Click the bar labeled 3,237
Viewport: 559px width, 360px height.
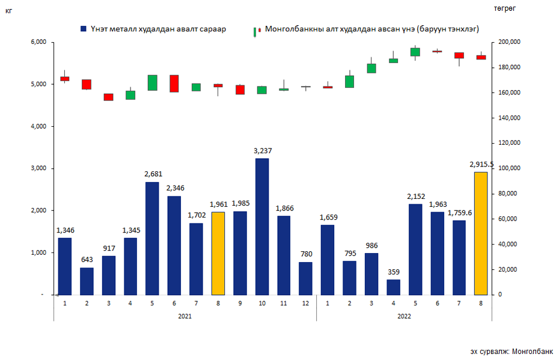coord(262,227)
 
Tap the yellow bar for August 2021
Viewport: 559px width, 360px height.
coord(218,253)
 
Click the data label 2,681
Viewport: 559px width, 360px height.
coord(152,174)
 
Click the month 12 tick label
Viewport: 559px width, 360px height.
coord(306,303)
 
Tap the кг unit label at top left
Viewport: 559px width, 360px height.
coord(8,10)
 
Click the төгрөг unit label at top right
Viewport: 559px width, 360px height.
coord(505,8)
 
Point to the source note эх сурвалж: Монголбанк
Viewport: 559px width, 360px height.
coord(512,351)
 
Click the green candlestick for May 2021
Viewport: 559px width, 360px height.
coord(153,83)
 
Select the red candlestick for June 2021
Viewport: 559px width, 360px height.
coord(174,84)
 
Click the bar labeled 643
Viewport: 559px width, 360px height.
coord(87,281)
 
